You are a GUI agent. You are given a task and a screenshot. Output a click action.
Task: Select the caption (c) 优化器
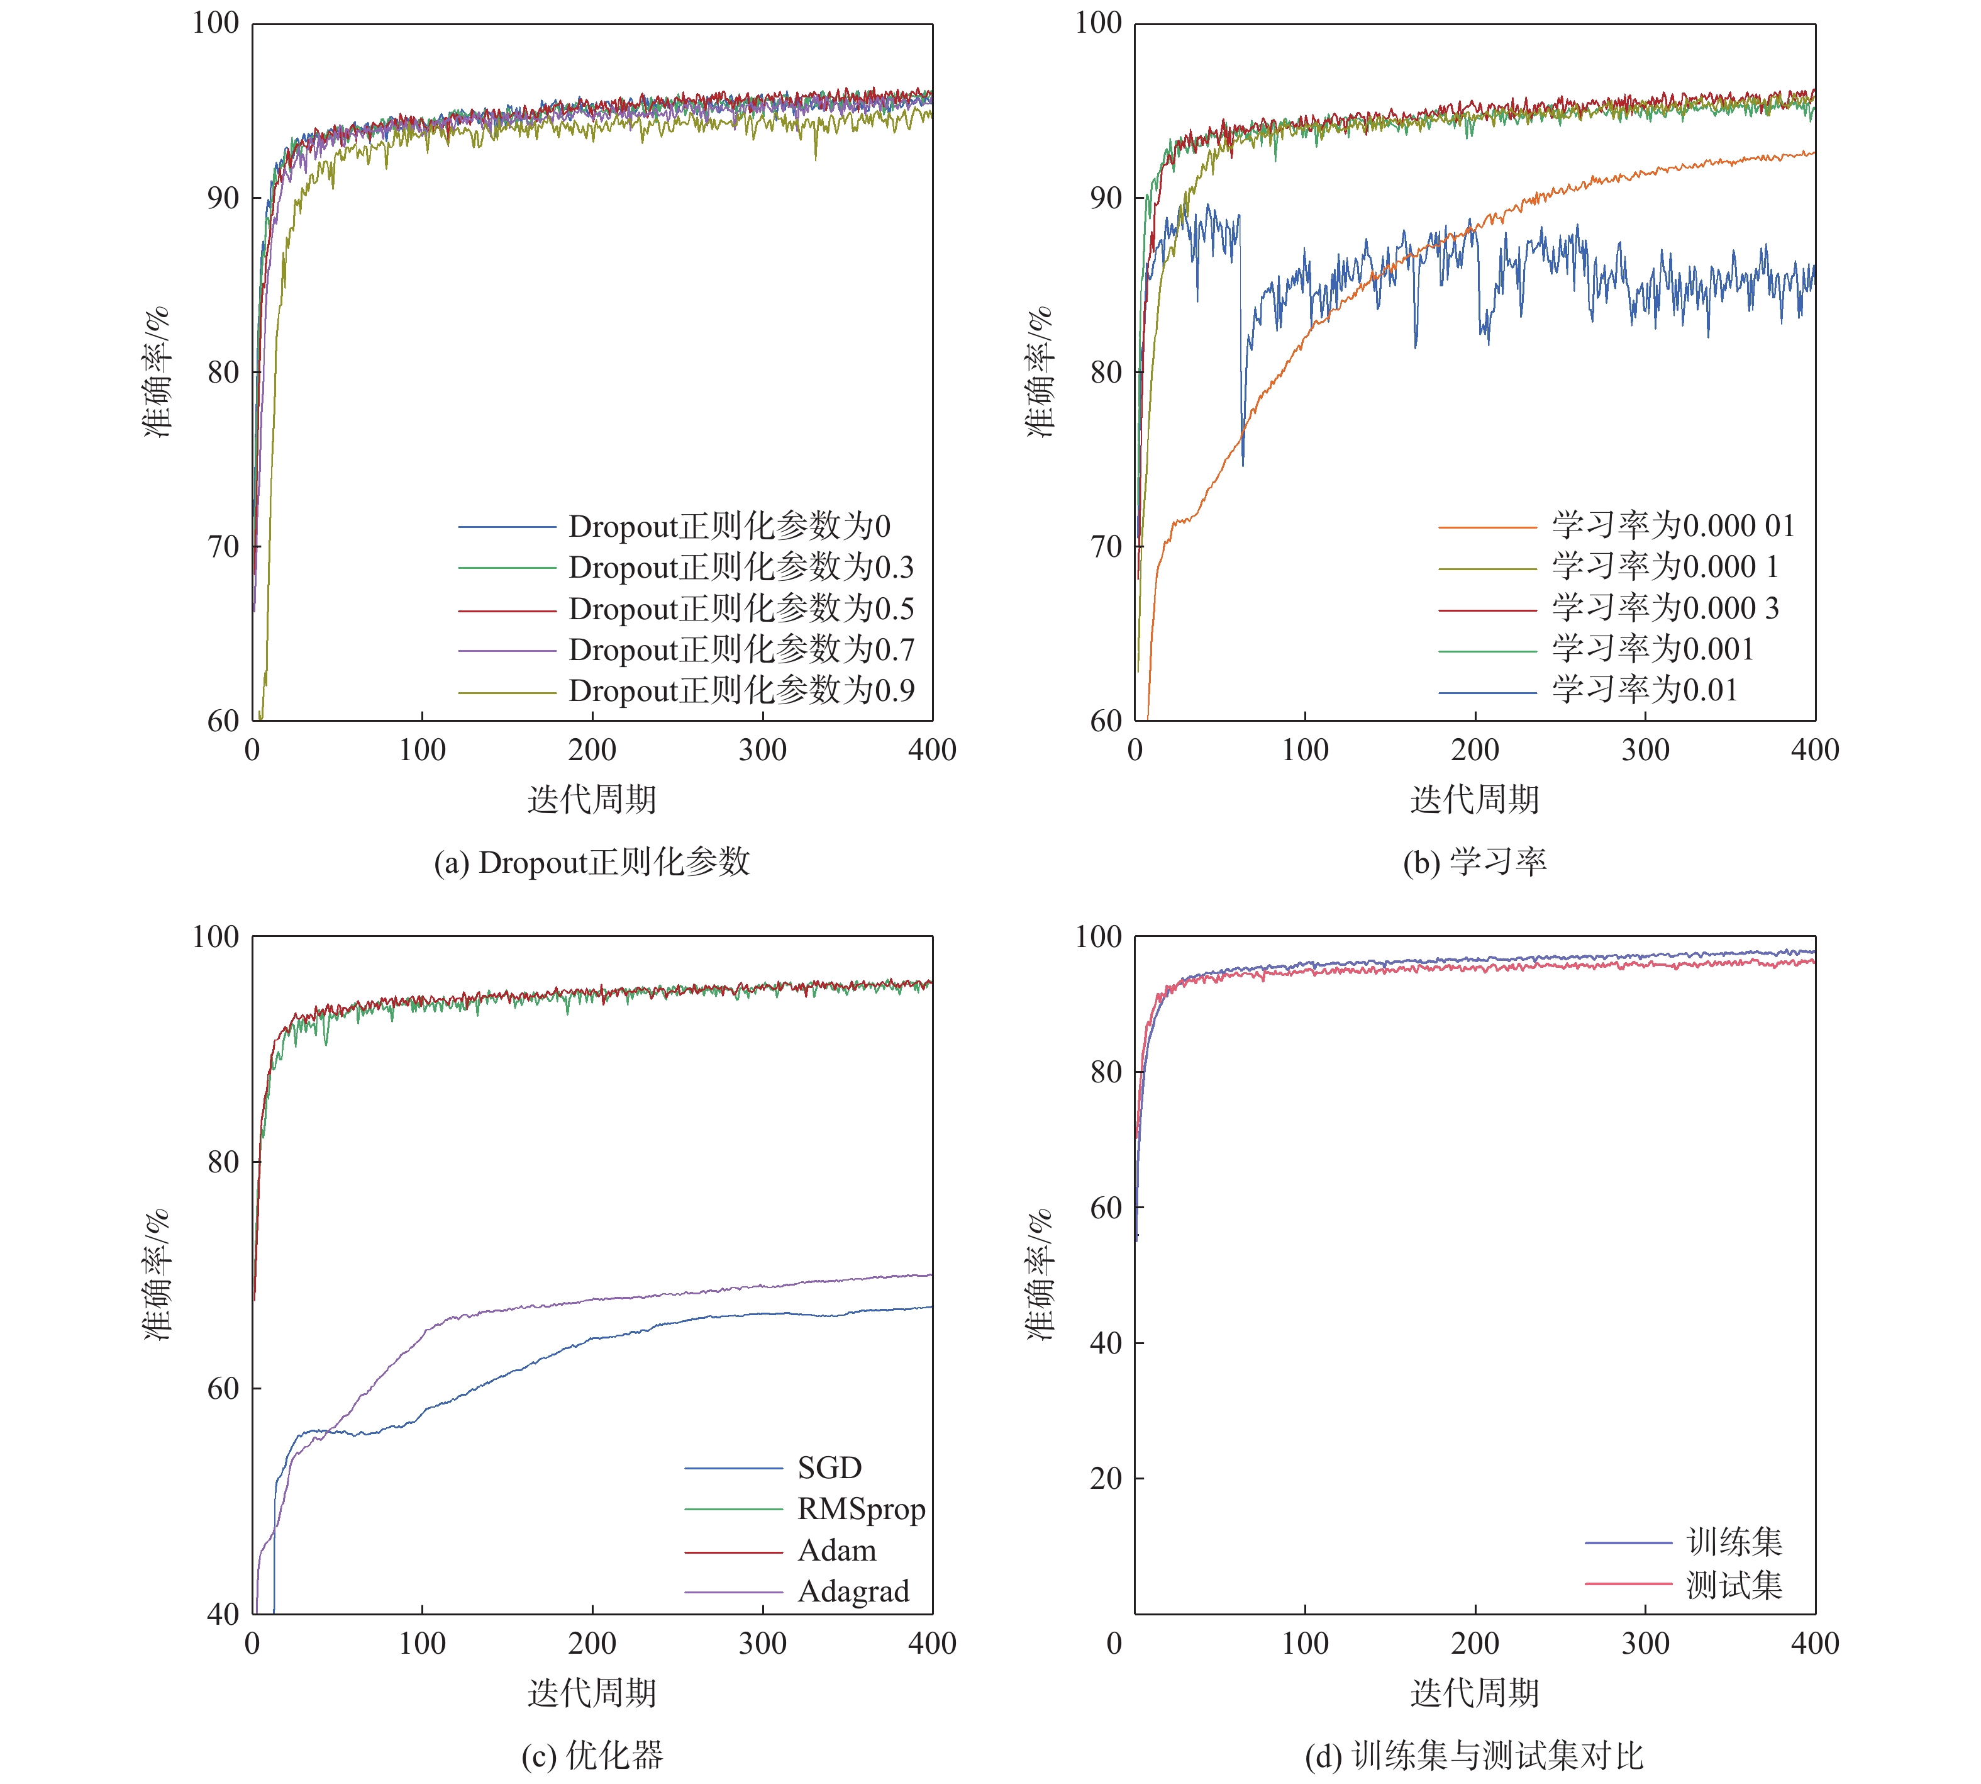click(592, 1754)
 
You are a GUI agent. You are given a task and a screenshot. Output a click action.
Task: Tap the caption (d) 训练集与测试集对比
click(1475, 1754)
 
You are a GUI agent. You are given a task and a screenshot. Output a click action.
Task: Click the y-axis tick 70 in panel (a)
click(223, 547)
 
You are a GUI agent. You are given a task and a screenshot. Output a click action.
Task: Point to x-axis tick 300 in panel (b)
click(1645, 750)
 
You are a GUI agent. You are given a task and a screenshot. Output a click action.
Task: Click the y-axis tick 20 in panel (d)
click(1106, 1478)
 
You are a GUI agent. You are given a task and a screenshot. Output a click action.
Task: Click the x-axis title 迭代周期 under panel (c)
click(592, 1693)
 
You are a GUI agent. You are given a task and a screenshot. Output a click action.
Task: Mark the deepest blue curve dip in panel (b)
click(1243, 464)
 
